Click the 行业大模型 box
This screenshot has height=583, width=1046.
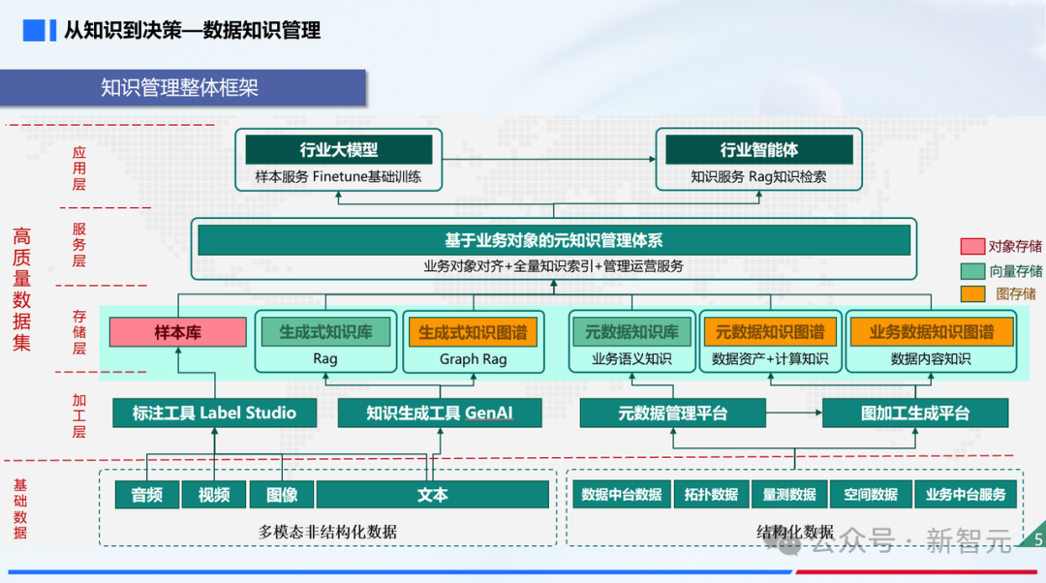[x=339, y=150]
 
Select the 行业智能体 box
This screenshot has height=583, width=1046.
[x=758, y=150]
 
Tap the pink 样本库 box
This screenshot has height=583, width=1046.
[x=177, y=332]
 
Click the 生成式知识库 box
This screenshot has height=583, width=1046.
[x=325, y=332]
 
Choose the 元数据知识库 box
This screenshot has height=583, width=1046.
[x=631, y=332]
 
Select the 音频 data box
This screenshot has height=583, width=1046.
[x=147, y=495]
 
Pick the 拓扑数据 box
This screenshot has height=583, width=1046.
[x=711, y=495]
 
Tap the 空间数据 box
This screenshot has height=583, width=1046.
[x=870, y=495]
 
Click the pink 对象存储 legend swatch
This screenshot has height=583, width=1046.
[x=971, y=247]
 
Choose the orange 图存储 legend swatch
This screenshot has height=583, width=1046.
[x=971, y=293]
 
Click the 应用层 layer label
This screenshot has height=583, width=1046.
[x=79, y=168]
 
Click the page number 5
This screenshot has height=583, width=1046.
[x=1038, y=539]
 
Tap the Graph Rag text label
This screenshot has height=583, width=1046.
[x=473, y=359]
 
